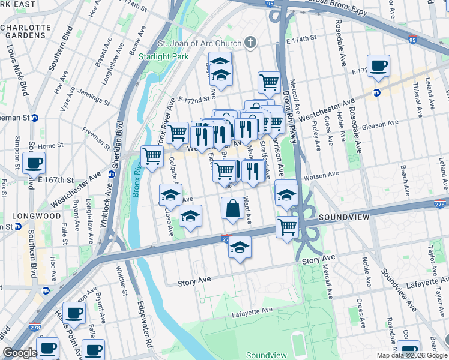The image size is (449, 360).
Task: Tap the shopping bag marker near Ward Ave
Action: [x=232, y=209]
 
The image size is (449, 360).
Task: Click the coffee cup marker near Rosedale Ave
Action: [x=379, y=66]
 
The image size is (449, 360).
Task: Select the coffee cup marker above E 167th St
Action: [x=34, y=162]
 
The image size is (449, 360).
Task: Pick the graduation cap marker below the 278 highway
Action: [x=240, y=247]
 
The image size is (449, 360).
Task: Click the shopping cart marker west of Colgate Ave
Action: [x=152, y=157]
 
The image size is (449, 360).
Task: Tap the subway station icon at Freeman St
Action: [x=35, y=118]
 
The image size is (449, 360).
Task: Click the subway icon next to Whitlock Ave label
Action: [x=112, y=175]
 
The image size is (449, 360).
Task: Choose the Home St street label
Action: [x=50, y=146]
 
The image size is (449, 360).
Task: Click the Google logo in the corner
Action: [x=20, y=353]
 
